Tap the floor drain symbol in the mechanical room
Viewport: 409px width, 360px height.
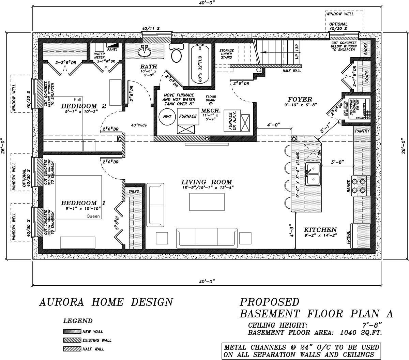pyautogui.click(x=211, y=104)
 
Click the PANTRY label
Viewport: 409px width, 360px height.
pyautogui.click(x=362, y=131)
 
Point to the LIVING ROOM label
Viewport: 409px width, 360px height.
pyautogui.click(x=207, y=182)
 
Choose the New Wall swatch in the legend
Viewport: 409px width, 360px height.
pyautogui.click(x=72, y=331)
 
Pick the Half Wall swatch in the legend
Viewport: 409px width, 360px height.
pyautogui.click(x=72, y=349)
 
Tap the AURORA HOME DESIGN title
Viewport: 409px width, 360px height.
pyautogui.click(x=106, y=302)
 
